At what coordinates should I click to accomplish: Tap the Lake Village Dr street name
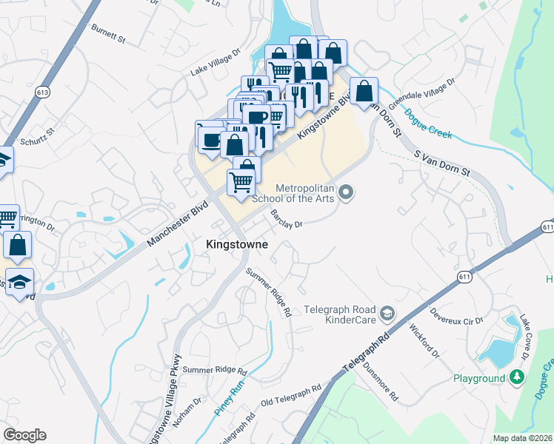216,63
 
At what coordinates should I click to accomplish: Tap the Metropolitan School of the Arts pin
346,194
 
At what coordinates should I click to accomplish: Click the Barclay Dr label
287,219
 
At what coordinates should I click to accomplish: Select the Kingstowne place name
236,243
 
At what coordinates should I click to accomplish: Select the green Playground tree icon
518,378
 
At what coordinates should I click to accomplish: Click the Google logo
24,435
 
